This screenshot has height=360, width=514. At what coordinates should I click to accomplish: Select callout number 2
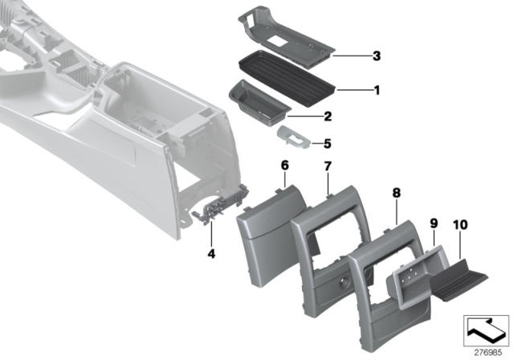[327, 117]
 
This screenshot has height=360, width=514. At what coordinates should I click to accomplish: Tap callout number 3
[375, 55]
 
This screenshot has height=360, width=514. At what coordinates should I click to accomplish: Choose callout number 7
[327, 166]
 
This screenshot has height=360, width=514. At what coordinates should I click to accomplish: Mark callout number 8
[396, 194]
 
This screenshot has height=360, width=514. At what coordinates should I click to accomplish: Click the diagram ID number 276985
[484, 351]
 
